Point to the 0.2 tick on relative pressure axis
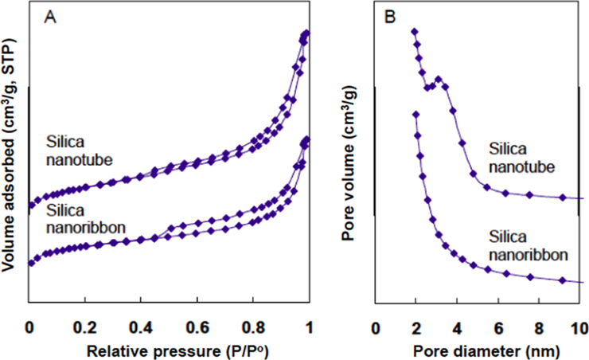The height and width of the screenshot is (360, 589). tap(85, 327)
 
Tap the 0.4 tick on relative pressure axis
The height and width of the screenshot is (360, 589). tap(141, 327)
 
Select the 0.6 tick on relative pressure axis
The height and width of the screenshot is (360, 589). tap(197, 327)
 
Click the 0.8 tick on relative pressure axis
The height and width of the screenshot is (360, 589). tap(252, 327)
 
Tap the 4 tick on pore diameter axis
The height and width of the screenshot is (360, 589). tap(457, 327)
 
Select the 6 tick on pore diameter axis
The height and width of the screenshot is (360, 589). tap(498, 327)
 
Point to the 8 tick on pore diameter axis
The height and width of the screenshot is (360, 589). tap(539, 327)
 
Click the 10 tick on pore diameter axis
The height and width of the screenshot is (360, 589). tap(579, 327)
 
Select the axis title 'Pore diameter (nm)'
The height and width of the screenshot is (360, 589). tap(477, 348)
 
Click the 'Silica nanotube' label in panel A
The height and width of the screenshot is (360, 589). tap(76, 148)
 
